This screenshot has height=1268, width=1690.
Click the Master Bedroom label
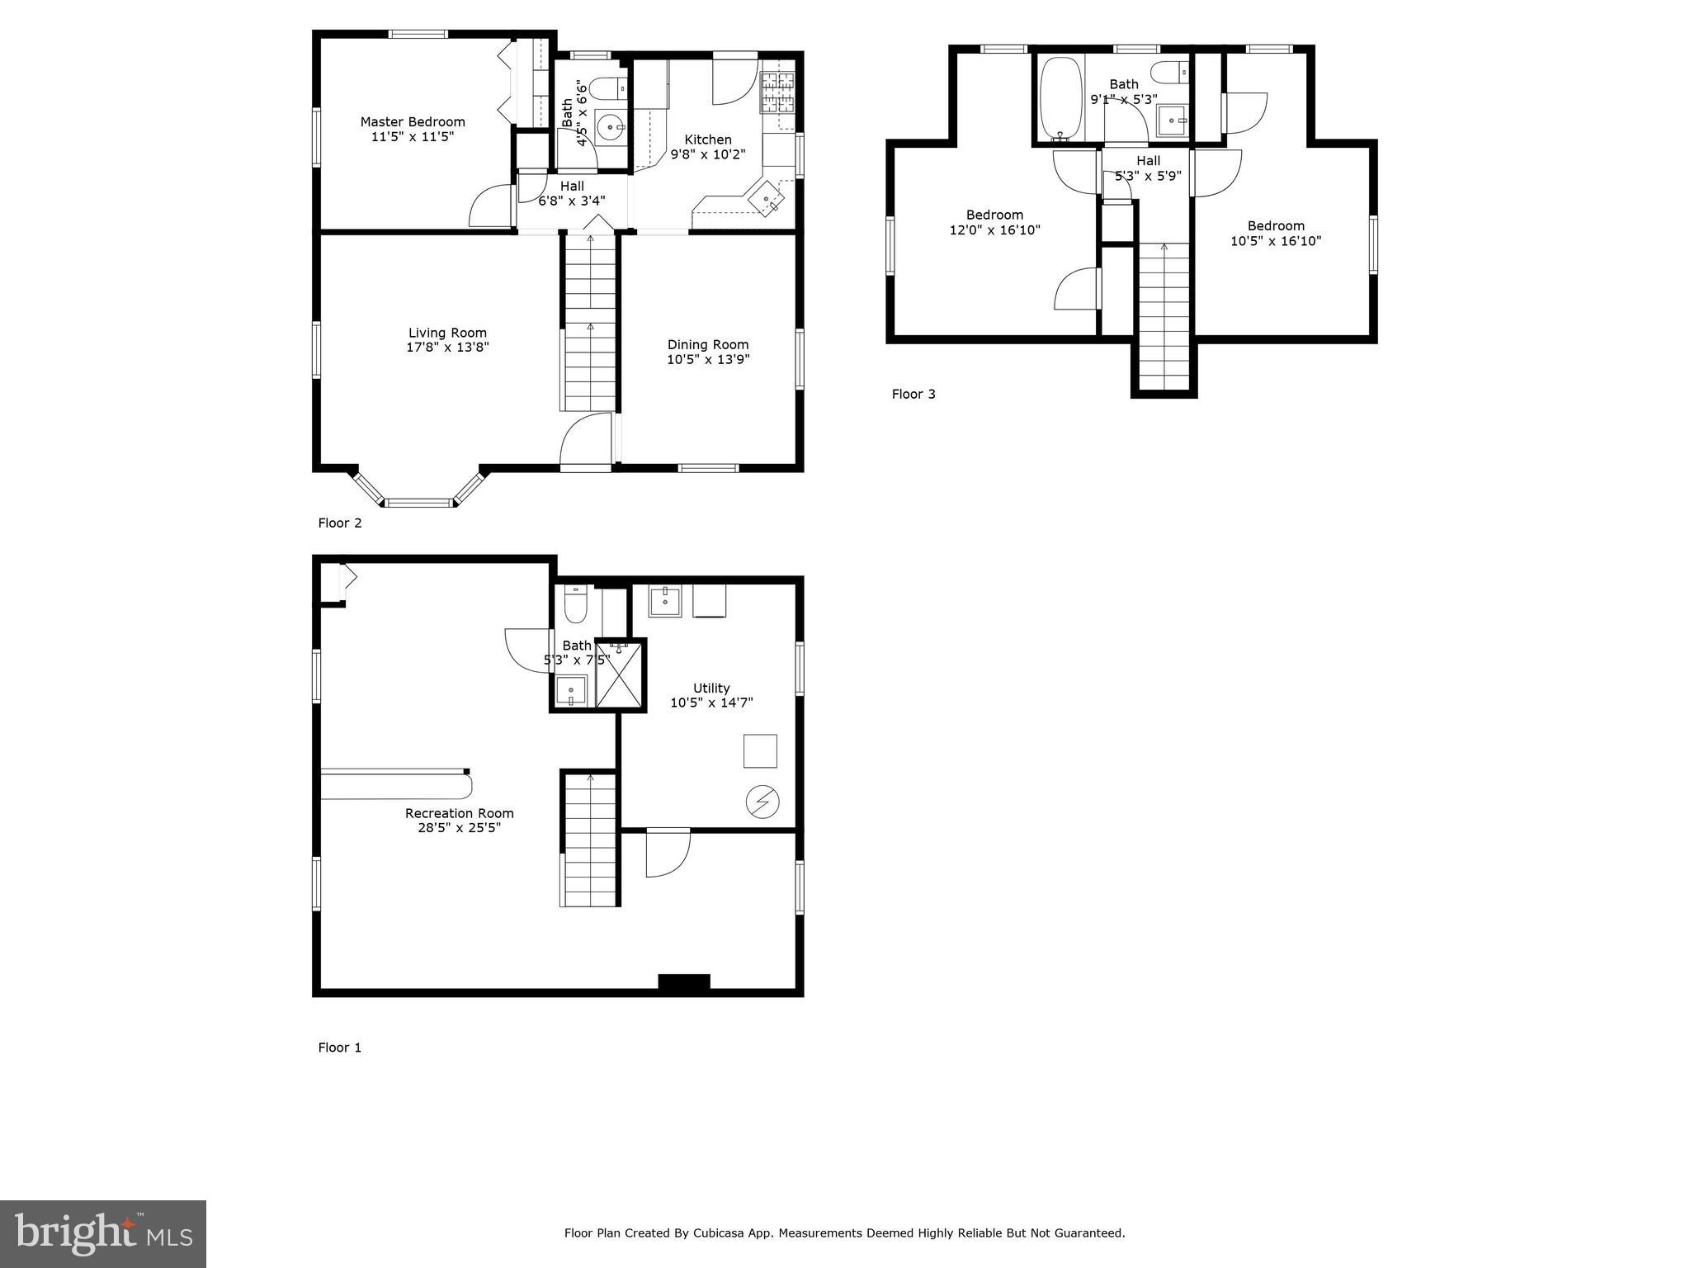[x=413, y=122]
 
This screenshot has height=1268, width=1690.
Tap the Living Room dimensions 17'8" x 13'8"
[x=447, y=348]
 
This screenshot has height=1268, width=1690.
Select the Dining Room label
[x=708, y=344]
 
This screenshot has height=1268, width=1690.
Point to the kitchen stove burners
[x=777, y=92]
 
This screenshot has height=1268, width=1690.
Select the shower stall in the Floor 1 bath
[x=619, y=676]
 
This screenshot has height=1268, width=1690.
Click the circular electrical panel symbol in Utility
[x=762, y=802]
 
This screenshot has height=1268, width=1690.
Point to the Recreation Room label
[x=459, y=813]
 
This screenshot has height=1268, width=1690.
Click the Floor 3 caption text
[x=913, y=394]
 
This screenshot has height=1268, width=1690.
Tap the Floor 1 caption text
[x=339, y=1048]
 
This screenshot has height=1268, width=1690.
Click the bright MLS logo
[x=103, y=1233]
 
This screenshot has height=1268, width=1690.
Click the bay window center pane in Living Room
[x=420, y=502]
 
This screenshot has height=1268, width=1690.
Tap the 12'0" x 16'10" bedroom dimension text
[x=994, y=230]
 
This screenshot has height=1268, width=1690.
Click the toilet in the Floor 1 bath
[x=575, y=605]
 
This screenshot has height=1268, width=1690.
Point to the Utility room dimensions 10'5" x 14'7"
[x=711, y=703]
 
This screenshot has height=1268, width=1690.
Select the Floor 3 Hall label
[x=1148, y=161]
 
